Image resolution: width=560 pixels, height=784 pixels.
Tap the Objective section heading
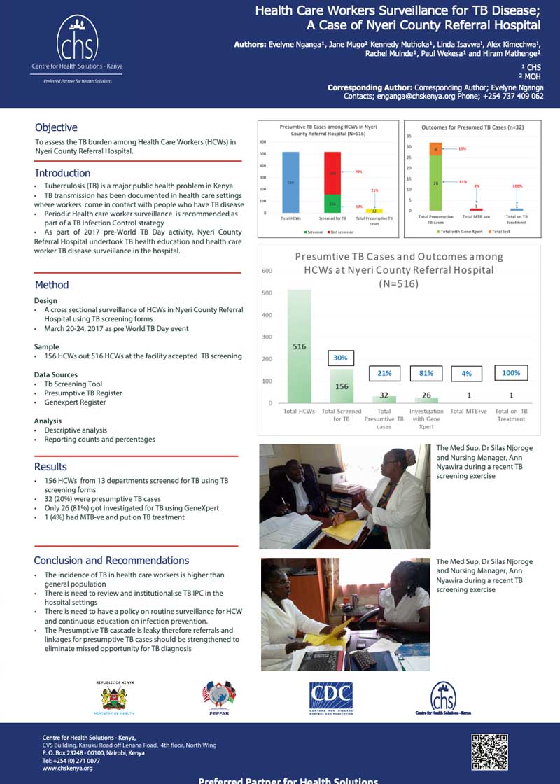(56, 127)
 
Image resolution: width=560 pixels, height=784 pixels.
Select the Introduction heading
(62, 173)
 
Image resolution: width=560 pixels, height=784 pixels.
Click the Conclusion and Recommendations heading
(111, 560)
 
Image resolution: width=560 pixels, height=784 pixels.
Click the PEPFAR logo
(218, 697)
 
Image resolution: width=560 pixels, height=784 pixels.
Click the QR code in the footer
(490, 751)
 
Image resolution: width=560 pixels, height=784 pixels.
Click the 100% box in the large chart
(511, 373)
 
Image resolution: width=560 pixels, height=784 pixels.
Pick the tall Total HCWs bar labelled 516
(299, 346)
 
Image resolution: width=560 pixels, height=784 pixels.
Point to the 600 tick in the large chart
(267, 271)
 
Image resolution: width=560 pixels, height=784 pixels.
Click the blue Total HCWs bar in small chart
(290, 182)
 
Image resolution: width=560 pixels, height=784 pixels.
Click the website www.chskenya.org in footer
(67, 768)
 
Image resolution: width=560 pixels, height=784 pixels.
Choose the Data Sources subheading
(56, 374)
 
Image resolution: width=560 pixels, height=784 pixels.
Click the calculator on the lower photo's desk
(363, 658)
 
